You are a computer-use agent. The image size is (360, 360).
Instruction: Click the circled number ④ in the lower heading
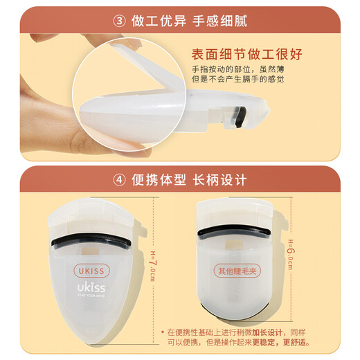click(118, 180)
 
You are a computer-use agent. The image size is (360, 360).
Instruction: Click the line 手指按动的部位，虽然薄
click(238, 69)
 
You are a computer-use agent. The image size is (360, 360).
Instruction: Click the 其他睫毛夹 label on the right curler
click(238, 271)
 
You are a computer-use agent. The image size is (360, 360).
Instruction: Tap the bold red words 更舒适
click(314, 342)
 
